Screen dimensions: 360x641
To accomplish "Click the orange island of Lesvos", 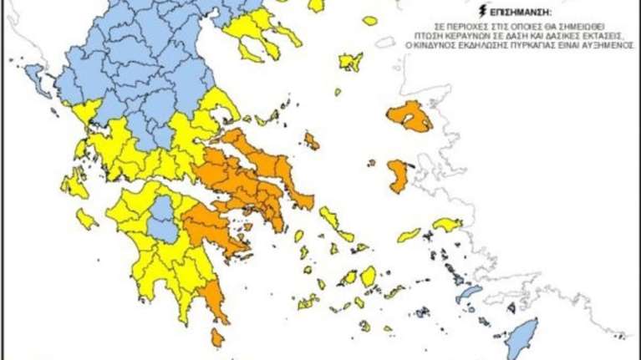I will click(409, 117).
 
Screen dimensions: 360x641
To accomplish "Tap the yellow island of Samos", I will click(447, 224).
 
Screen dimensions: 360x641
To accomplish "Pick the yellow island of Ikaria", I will click(409, 235).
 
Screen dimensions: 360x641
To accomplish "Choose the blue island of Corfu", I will click(35, 80).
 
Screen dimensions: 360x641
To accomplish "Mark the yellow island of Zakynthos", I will click(86, 219).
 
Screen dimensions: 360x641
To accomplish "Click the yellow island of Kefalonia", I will click(74, 185).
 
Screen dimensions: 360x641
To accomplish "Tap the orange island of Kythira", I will click(217, 337).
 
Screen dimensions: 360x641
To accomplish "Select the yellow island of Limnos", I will click(350, 61).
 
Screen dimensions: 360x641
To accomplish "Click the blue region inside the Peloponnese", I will click(164, 219).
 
